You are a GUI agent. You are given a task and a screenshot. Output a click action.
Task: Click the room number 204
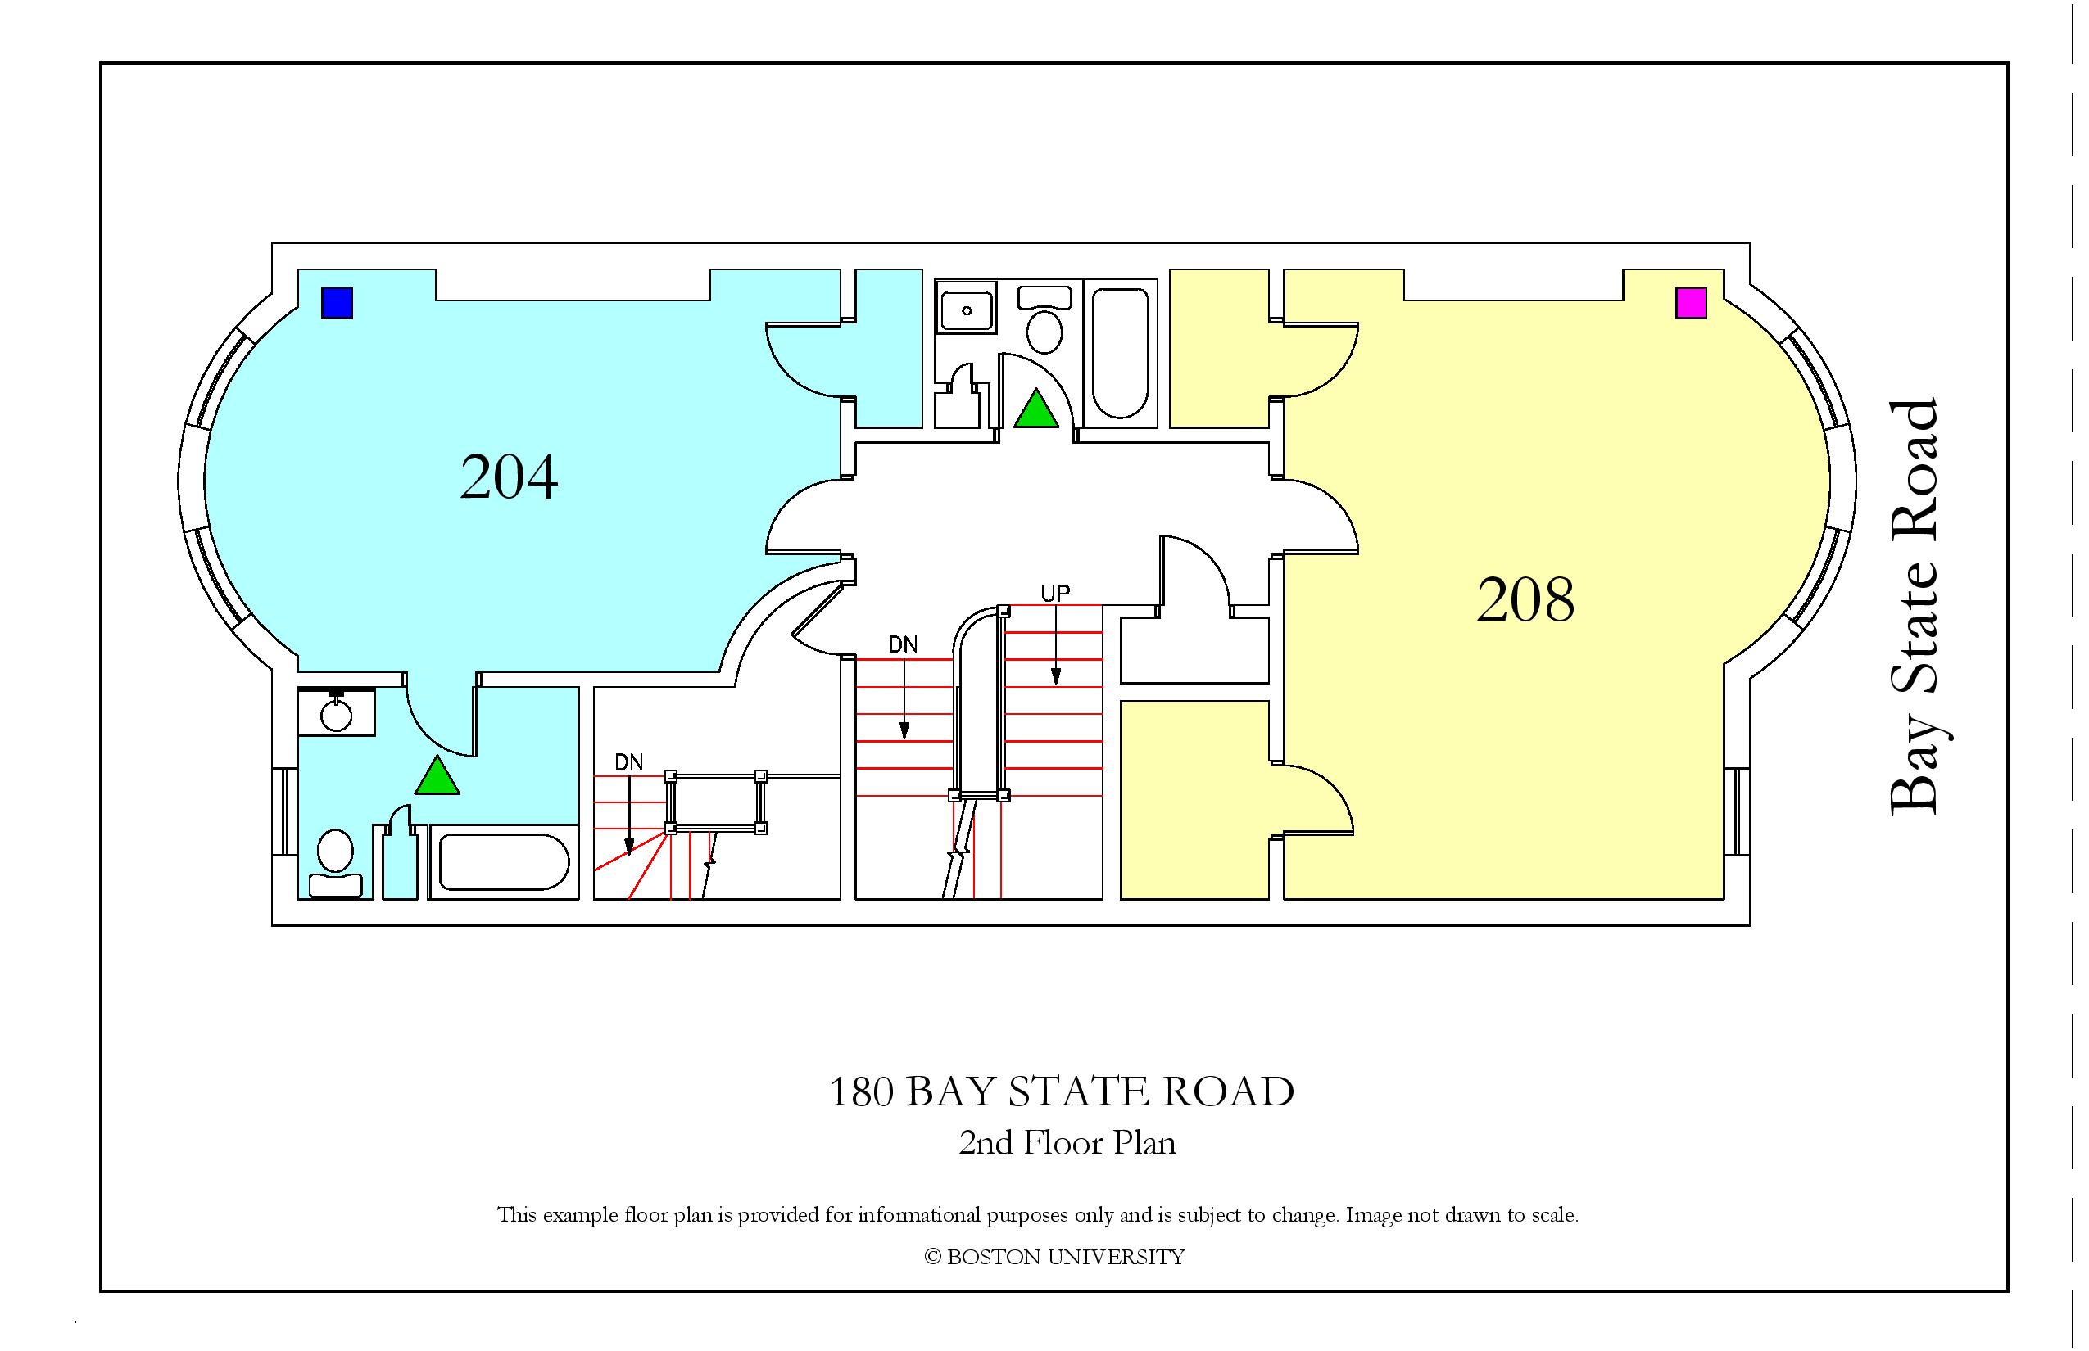pyautogui.click(x=509, y=477)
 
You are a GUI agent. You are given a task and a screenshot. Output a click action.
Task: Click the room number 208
pyautogui.click(x=1525, y=600)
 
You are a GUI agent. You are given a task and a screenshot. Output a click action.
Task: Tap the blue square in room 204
pyautogui.click(x=337, y=303)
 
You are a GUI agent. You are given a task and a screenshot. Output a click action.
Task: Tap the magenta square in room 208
pyautogui.click(x=1692, y=303)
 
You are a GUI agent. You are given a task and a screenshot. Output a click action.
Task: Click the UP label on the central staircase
pyautogui.click(x=1055, y=594)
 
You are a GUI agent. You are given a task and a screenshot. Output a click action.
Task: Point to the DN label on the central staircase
pyautogui.click(x=903, y=645)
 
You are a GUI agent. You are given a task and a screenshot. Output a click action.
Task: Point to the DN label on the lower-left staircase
pyautogui.click(x=629, y=762)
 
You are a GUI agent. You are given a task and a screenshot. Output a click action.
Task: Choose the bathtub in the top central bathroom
pyautogui.click(x=1121, y=354)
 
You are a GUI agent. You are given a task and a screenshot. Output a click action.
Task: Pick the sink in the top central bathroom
pyautogui.click(x=967, y=309)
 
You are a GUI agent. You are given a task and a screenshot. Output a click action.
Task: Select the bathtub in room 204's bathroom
pyautogui.click(x=504, y=862)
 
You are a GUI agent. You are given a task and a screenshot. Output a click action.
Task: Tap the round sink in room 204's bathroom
pyautogui.click(x=336, y=712)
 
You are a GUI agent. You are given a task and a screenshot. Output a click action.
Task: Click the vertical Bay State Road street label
pyautogui.click(x=1914, y=607)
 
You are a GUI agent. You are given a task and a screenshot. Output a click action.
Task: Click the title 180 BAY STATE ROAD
pyautogui.click(x=1062, y=1092)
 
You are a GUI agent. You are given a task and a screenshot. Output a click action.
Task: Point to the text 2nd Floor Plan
pyautogui.click(x=1067, y=1143)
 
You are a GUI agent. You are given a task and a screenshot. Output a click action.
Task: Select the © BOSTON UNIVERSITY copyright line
pyautogui.click(x=1055, y=1257)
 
